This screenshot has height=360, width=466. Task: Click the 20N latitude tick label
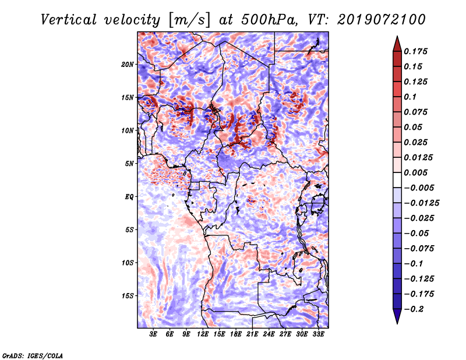128,65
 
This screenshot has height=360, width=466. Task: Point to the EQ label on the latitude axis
129,197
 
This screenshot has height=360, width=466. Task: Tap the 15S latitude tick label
128,296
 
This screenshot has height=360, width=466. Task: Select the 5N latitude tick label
129,164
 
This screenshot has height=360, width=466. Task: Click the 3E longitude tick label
153,334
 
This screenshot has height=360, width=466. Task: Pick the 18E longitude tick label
236,334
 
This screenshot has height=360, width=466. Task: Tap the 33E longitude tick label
318,334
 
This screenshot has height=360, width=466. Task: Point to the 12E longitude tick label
203,334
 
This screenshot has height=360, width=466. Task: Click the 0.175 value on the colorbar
416,51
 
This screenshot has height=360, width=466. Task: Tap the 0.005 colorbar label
416,172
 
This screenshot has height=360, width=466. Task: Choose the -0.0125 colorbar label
421,203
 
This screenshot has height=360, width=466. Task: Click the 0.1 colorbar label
411,97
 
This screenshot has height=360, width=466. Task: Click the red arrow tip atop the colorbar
397,37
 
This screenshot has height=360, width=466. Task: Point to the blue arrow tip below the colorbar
397,323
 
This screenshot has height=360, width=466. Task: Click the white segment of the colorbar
397,180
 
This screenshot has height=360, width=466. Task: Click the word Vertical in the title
68,20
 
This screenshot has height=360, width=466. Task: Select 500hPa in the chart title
269,20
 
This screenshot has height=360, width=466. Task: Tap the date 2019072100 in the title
382,20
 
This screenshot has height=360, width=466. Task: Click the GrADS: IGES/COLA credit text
33,355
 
